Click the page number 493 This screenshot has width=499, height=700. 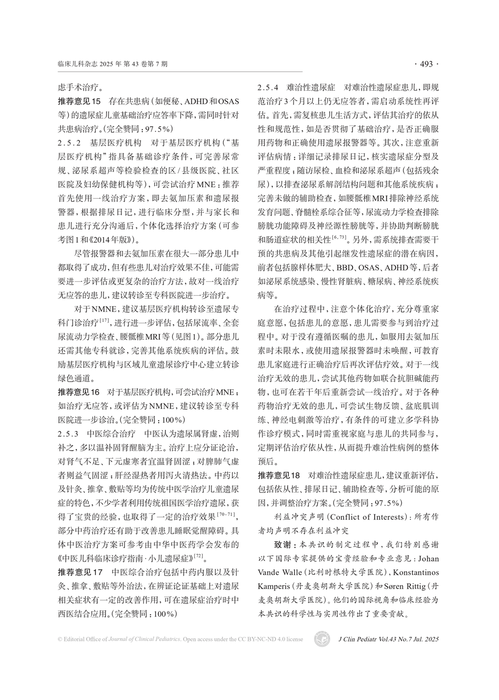[426, 64]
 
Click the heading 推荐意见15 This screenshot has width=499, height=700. [79, 101]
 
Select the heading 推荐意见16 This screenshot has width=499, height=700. [79, 393]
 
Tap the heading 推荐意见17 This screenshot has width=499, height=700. [79, 572]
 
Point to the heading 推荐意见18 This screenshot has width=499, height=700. [279, 475]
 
